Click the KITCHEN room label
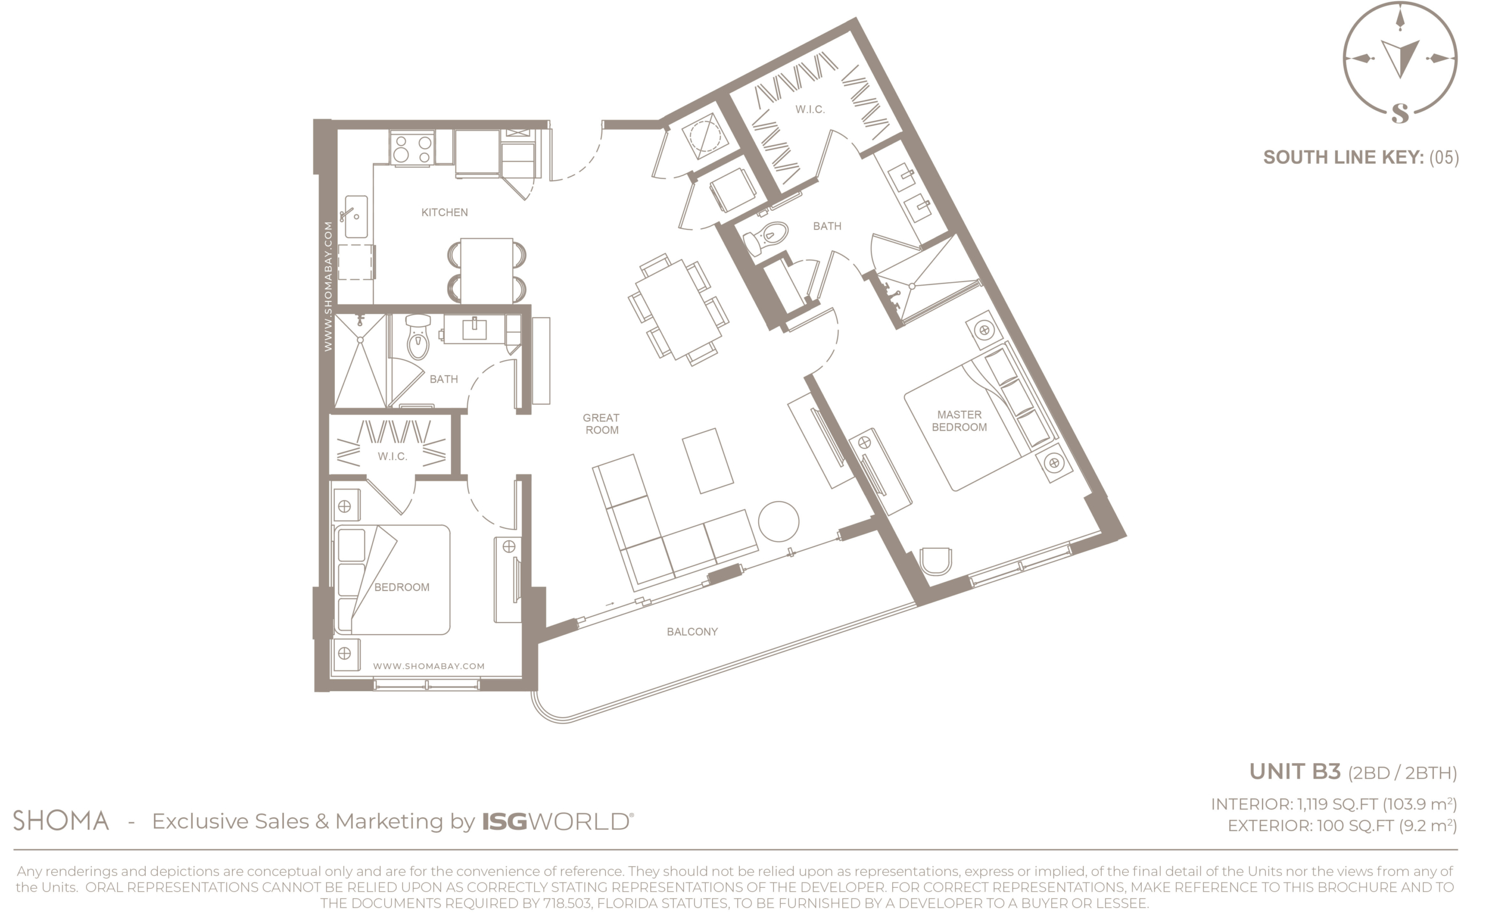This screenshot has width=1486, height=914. [444, 212]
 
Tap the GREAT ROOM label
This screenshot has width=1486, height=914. [601, 424]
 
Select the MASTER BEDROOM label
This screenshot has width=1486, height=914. [959, 421]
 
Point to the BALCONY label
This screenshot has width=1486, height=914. [692, 632]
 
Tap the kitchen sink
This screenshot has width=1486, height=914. [356, 217]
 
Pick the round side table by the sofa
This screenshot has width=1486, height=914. [778, 521]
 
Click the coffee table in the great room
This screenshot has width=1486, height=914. [708, 460]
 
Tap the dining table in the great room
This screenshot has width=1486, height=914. [679, 309]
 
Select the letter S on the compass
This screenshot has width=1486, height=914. [1400, 113]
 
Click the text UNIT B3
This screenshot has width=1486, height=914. [1295, 771]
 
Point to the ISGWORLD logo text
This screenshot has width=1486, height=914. [557, 822]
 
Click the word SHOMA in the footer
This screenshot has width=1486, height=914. [61, 821]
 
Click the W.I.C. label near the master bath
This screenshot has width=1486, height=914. [810, 109]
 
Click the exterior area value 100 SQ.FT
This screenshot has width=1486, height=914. [1355, 826]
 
